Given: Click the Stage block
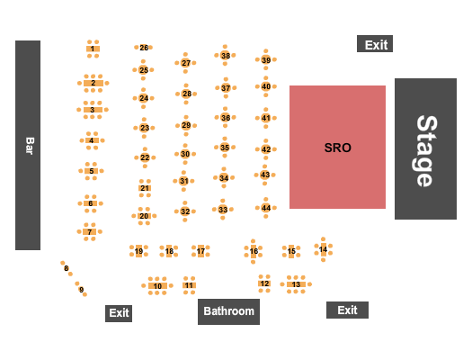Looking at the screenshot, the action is (425, 148).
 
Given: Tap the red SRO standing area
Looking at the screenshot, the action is (337, 147).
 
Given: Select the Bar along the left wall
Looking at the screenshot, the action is (28, 145).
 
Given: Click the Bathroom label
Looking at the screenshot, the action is (228, 311).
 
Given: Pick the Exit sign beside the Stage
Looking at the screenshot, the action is (375, 44).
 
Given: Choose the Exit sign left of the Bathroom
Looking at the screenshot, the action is (119, 313).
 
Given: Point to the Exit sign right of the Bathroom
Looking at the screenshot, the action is (347, 310).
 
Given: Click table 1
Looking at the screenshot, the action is (93, 49).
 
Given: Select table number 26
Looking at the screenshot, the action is (144, 48).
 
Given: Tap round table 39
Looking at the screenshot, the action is (266, 60).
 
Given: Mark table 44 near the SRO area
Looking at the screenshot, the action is (266, 208).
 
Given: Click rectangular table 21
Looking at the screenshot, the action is (145, 188).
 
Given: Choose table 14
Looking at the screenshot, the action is (324, 249).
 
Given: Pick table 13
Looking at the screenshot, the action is (296, 284).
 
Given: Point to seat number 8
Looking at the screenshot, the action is (67, 268).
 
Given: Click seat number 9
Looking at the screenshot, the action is (81, 290).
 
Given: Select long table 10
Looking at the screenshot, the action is (157, 286).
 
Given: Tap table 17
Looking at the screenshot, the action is (200, 251).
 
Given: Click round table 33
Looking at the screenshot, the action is (223, 210).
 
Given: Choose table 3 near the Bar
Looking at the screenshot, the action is (93, 110).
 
